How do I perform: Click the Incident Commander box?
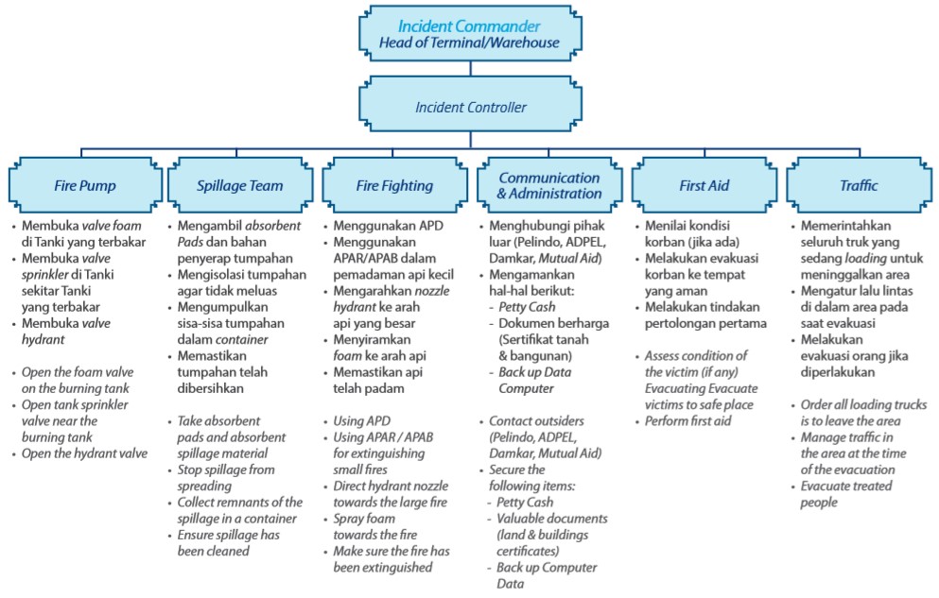click(x=469, y=34)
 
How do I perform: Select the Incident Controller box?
click(x=469, y=107)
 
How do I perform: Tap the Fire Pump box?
click(x=83, y=185)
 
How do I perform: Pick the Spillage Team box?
click(x=240, y=185)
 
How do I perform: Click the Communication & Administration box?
click(x=549, y=185)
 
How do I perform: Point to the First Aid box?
click(x=704, y=185)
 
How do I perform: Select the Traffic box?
click(x=859, y=185)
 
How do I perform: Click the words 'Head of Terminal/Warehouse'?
click(x=469, y=43)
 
